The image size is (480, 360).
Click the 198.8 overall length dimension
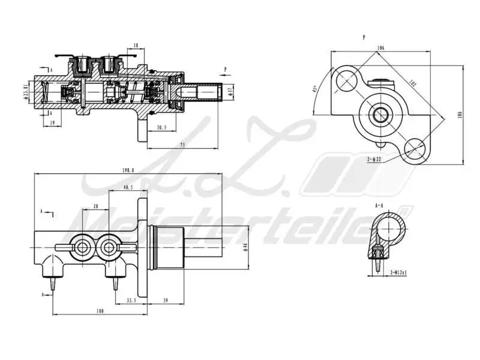pos(127,170)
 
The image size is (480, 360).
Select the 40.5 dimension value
pos(127,188)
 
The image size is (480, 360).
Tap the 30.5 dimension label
pos(161,127)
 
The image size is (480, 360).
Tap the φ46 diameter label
pos(245,247)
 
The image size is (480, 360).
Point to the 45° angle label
pos(314,91)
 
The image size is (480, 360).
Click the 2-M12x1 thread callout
pos(398,272)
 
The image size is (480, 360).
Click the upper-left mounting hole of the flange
pos(347,78)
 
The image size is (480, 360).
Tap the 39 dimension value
pos(165,300)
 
